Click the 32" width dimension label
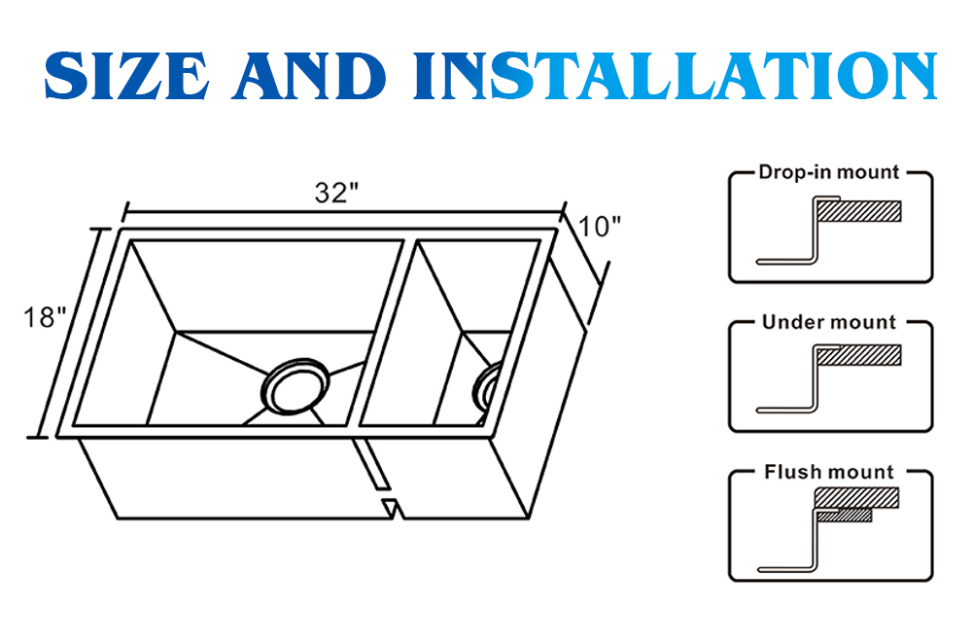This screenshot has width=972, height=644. click(330, 193)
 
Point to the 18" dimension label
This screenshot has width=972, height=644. click(45, 317)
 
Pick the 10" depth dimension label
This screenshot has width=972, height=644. click(600, 227)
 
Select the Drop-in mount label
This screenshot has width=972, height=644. click(829, 173)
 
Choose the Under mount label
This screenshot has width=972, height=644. click(829, 322)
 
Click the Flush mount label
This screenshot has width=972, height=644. click(829, 473)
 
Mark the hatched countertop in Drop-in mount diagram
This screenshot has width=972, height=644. click(859, 211)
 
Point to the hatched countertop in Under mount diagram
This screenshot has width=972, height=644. click(859, 356)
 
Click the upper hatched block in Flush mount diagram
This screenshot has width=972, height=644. click(855, 497)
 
